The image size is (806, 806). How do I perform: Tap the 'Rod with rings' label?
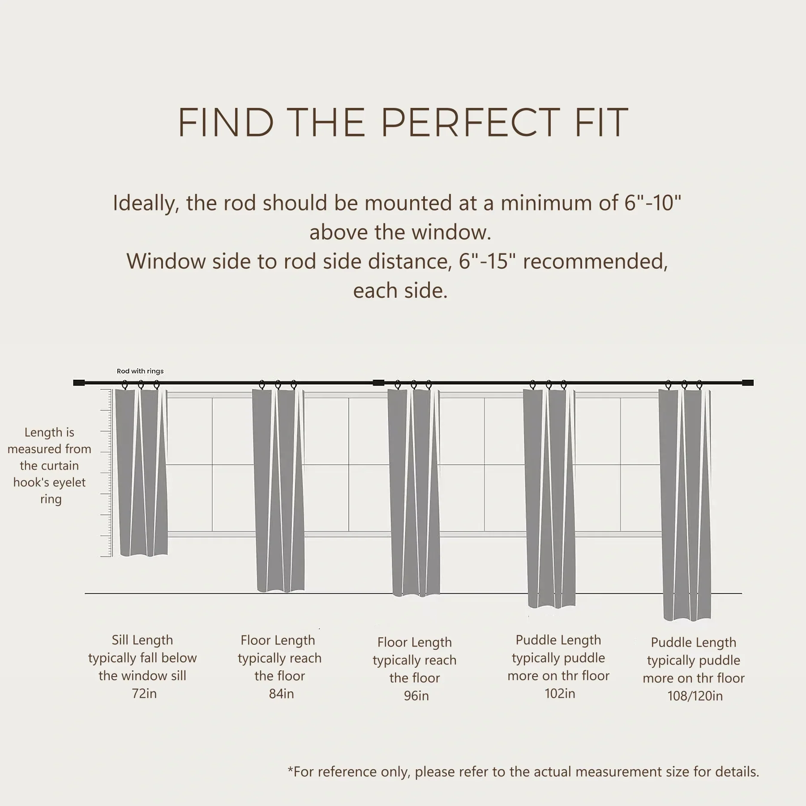pos(140,371)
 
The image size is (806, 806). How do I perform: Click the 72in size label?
pos(144,694)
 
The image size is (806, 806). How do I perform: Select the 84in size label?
pos(281,694)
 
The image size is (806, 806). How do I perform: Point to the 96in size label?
pos(416,696)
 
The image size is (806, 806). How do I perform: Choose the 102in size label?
pos(560,694)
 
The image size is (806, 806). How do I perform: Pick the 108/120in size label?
pos(695,696)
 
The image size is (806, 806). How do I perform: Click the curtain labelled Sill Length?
pos(141,472)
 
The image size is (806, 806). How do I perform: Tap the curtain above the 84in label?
pos(279,490)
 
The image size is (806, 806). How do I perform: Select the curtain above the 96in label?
pos(414,493)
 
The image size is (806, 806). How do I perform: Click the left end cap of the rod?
pos(79,383)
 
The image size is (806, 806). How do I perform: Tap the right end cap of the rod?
pos(748,383)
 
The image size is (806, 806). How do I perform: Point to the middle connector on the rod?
pos(378,383)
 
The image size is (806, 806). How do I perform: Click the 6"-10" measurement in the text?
pos(653,203)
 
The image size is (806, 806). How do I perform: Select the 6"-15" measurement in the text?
pos(488,261)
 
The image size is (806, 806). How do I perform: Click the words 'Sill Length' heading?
pos(142,640)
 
